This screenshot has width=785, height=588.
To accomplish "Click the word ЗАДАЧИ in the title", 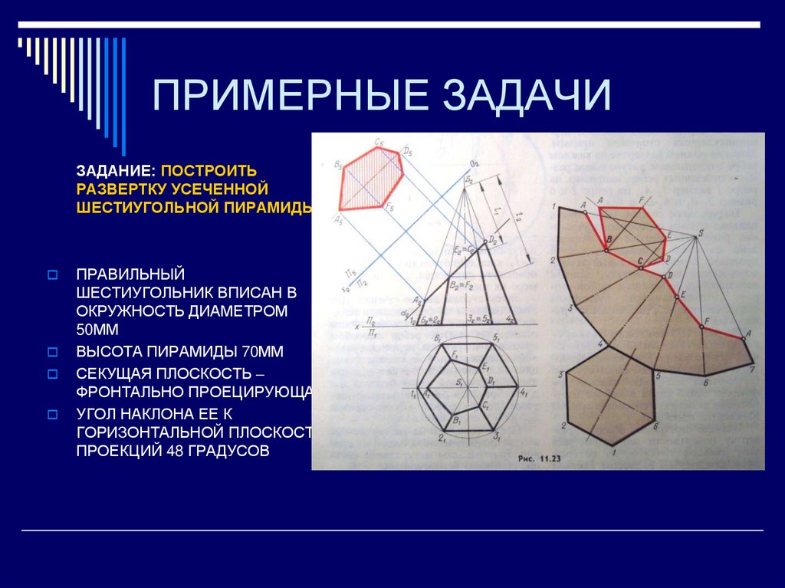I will tap(530, 97).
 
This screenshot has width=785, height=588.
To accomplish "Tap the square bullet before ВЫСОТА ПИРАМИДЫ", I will tap(53, 353).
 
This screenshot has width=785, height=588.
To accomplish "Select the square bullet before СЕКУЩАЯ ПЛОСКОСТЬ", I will tap(53, 374).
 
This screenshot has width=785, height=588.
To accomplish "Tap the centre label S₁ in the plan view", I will tap(459, 381).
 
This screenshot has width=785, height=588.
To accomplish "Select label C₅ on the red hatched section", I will tap(379, 142).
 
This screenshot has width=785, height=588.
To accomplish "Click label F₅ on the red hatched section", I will tap(390, 208).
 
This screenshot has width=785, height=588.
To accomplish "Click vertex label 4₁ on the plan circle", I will tap(524, 393).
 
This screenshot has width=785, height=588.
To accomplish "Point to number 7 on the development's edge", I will tap(753, 369).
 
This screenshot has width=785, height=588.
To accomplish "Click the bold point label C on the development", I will tap(639, 261).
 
